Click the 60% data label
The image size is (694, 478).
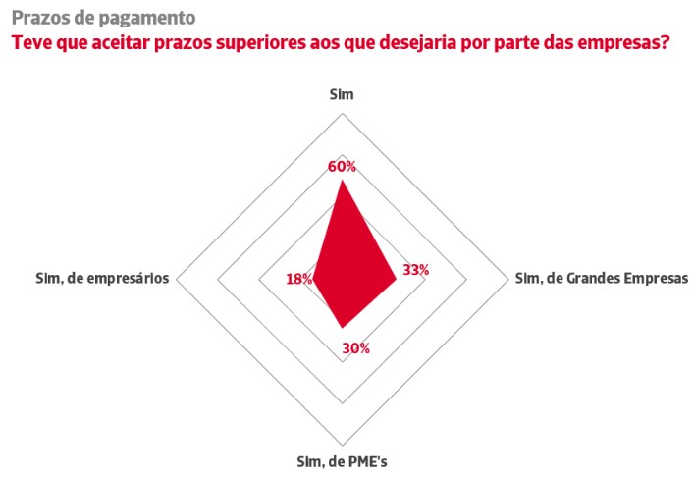(342, 166)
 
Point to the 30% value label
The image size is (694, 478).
(355, 347)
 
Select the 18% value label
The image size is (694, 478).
(298, 280)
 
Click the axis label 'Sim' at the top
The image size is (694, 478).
(342, 94)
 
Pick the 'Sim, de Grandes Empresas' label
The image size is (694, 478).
(602, 278)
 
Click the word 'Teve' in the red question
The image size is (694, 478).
(29, 43)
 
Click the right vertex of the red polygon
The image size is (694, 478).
(396, 280)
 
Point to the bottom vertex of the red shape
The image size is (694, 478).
(342, 328)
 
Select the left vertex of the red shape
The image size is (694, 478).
(313, 280)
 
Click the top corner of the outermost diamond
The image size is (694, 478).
(342, 111)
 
